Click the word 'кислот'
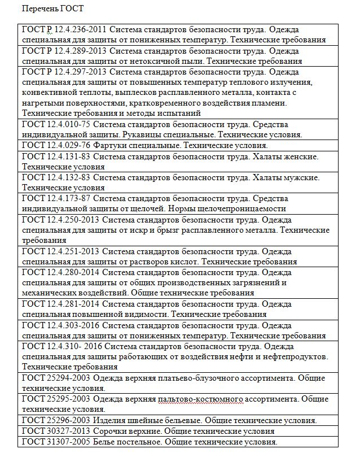[x=183, y=262]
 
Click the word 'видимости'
[x=148, y=314]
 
